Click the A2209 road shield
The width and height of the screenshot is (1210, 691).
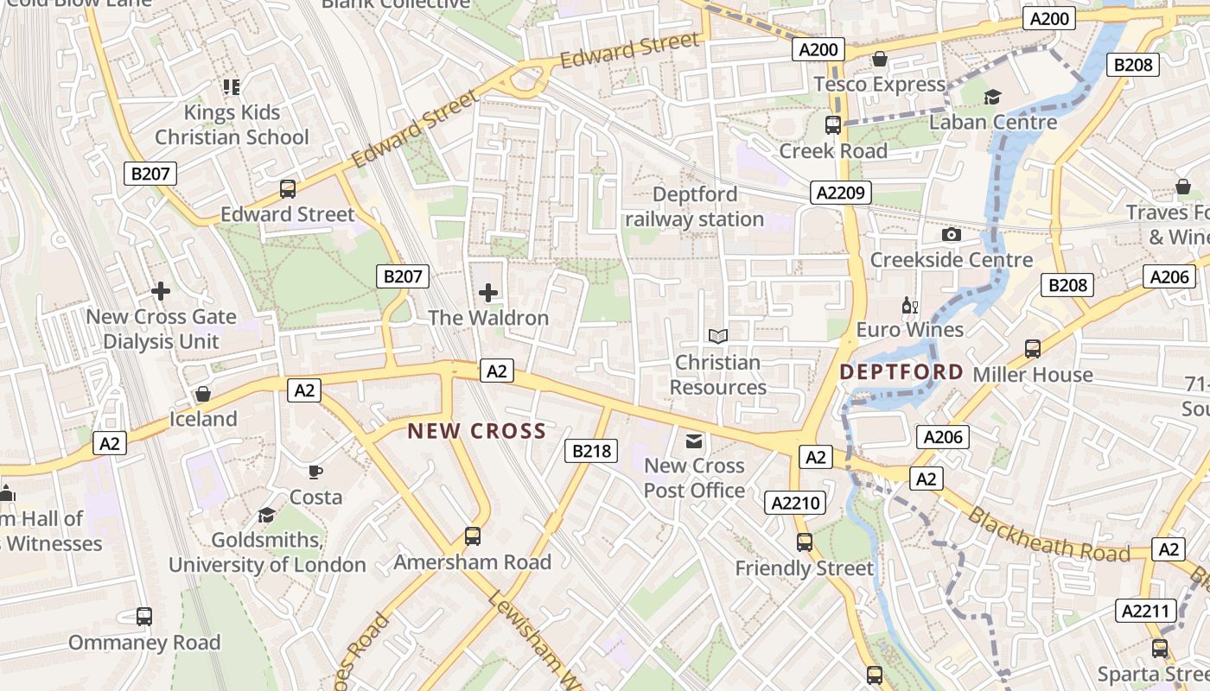click(x=841, y=193)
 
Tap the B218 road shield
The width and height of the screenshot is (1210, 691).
click(x=591, y=450)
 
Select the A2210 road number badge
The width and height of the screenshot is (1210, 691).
click(x=795, y=503)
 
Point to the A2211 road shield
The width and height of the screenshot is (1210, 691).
click(x=1146, y=611)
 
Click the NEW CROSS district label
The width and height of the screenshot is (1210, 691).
click(x=477, y=431)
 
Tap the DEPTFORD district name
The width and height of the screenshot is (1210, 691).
click(x=901, y=372)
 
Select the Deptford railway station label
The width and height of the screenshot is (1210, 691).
click(x=695, y=207)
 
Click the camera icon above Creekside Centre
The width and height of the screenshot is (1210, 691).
click(x=951, y=235)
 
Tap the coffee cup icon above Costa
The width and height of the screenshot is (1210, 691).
click(x=315, y=472)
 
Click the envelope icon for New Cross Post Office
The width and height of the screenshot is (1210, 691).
click(x=694, y=441)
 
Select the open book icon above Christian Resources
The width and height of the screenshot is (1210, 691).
click(x=717, y=336)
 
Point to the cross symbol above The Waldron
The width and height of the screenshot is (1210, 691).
click(x=488, y=293)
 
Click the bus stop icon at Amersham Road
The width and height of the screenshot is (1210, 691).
click(x=472, y=536)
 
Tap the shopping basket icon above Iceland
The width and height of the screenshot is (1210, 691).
click(x=203, y=394)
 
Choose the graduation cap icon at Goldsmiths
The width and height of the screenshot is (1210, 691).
click(x=267, y=515)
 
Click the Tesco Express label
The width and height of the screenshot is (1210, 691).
click(x=880, y=84)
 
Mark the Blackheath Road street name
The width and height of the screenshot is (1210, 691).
click(x=1048, y=535)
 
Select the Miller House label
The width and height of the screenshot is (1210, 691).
click(x=1033, y=375)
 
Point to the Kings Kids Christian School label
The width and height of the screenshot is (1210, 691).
click(x=232, y=124)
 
